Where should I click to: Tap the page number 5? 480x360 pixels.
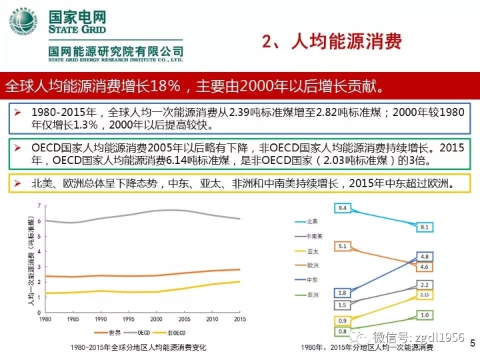tap(472, 343)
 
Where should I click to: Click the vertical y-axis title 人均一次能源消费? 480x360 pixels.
tap(31, 261)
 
